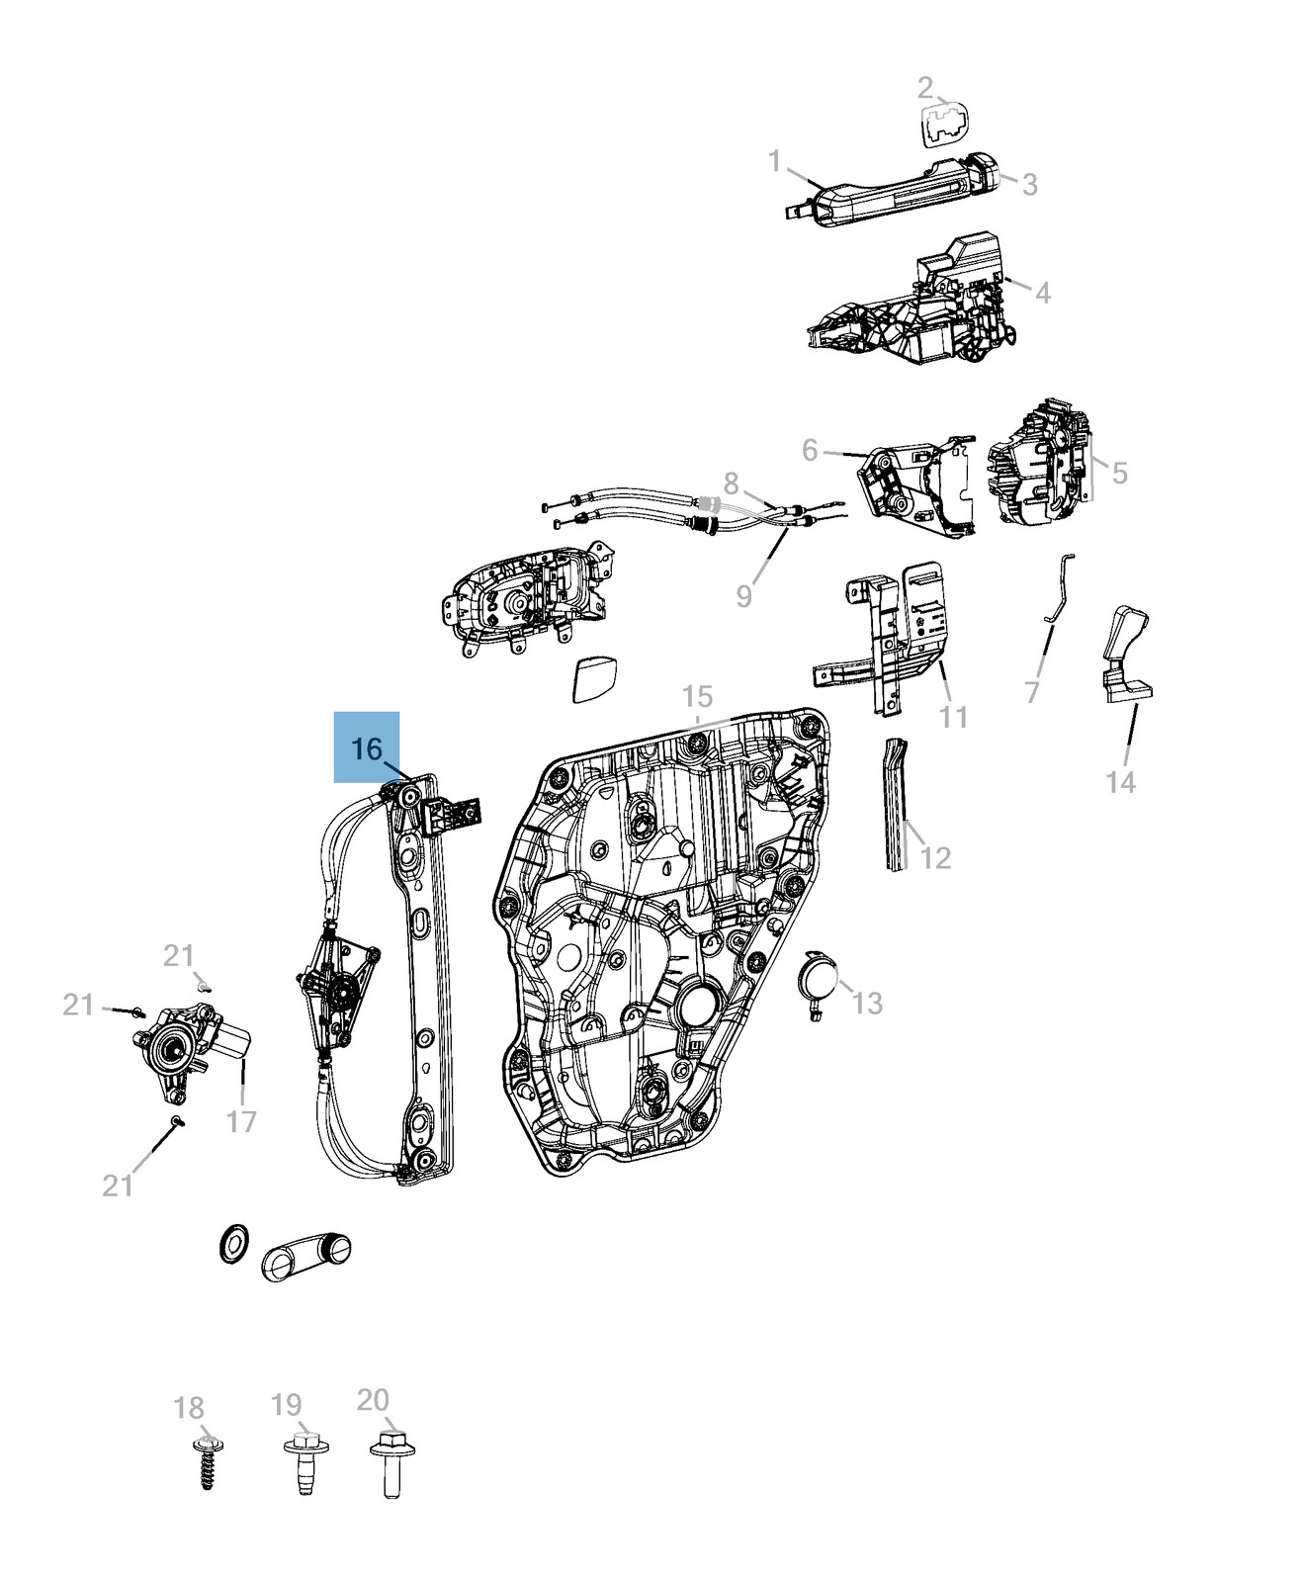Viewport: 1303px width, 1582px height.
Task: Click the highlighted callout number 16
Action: (367, 748)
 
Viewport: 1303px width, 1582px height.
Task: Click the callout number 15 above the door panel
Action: (697, 696)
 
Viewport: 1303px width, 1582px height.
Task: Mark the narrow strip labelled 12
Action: (895, 803)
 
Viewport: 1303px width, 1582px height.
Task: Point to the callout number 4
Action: (1042, 293)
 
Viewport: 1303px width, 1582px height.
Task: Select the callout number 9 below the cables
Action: (744, 596)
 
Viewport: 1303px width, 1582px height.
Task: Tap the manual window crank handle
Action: (306, 1255)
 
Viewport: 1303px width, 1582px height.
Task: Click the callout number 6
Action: (810, 451)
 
